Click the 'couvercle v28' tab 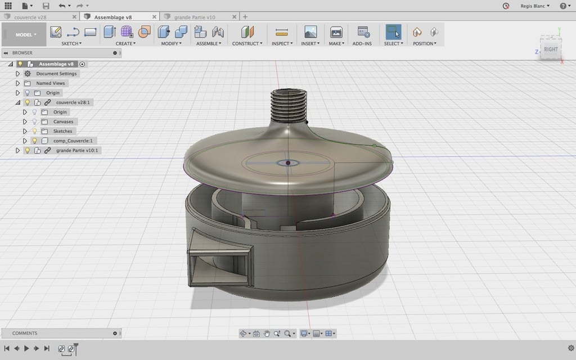(30, 17)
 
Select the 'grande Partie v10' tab (195, 17)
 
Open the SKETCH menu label (71, 43)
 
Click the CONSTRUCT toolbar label (246, 43)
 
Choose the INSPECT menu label (281, 43)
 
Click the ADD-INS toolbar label (362, 43)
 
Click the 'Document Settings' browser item (56, 74)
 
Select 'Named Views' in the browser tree (51, 83)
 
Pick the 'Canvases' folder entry (63, 121)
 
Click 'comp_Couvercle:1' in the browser (73, 141)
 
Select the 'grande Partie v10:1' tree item (77, 150)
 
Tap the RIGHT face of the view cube (551, 49)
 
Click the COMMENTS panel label (25, 333)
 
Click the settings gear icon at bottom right (571, 348)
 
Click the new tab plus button (245, 17)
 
